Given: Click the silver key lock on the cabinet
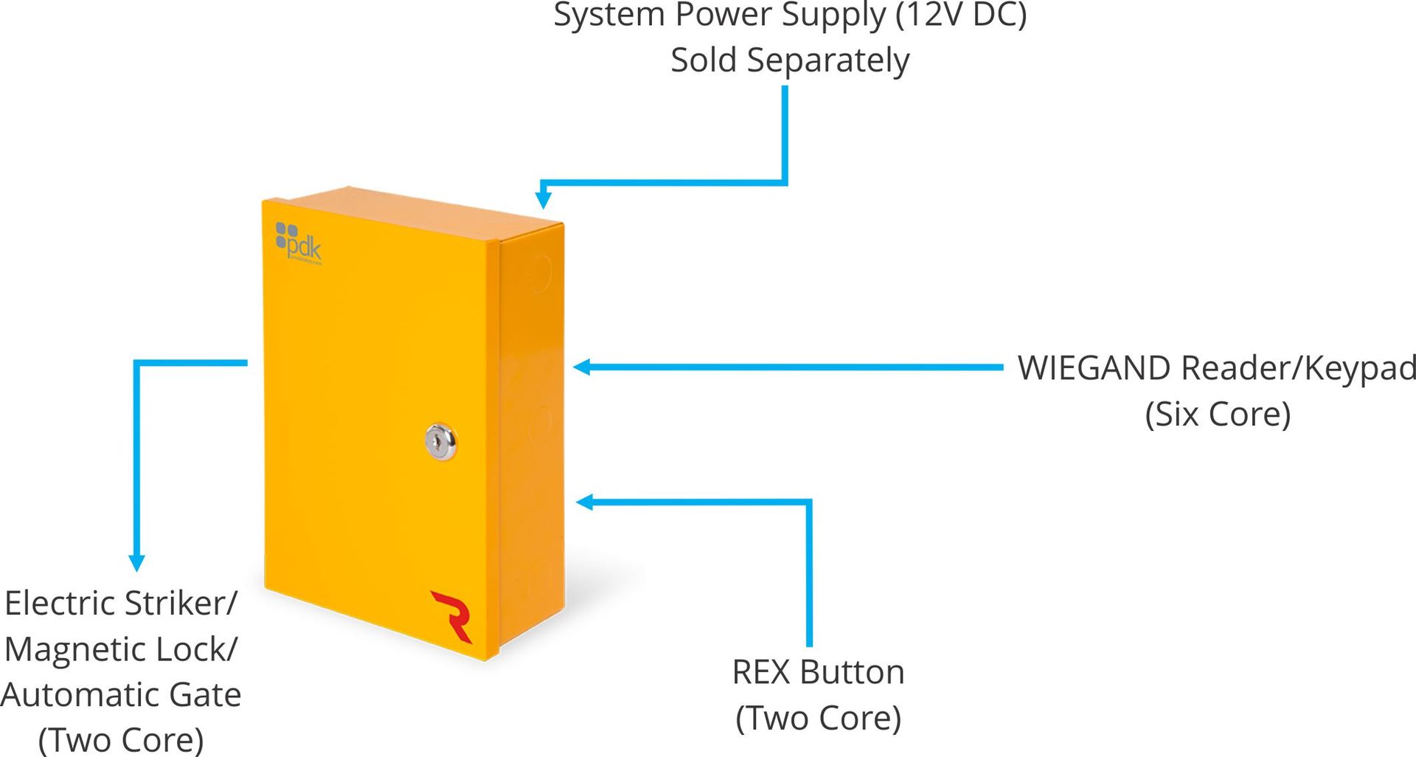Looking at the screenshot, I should pyautogui.click(x=440, y=442).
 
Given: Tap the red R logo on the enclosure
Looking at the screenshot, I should pyautogui.click(x=452, y=615).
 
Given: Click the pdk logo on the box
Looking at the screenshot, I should pyautogui.click(x=299, y=242).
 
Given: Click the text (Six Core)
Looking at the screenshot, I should pyautogui.click(x=1218, y=414).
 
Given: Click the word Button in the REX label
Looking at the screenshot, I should pyautogui.click(x=852, y=672).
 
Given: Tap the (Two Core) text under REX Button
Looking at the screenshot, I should pyautogui.click(x=818, y=718).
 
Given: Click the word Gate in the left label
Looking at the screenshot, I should pyautogui.click(x=204, y=695).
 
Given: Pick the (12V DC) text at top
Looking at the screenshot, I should pyautogui.click(x=961, y=15).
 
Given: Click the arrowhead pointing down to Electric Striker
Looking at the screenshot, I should pyautogui.click(x=136, y=562).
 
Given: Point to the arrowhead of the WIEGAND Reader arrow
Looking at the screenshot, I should pyautogui.click(x=582, y=367).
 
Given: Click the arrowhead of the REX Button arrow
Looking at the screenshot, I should pyautogui.click(x=584, y=502).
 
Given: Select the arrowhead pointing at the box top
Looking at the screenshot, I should pyautogui.click(x=544, y=199).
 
